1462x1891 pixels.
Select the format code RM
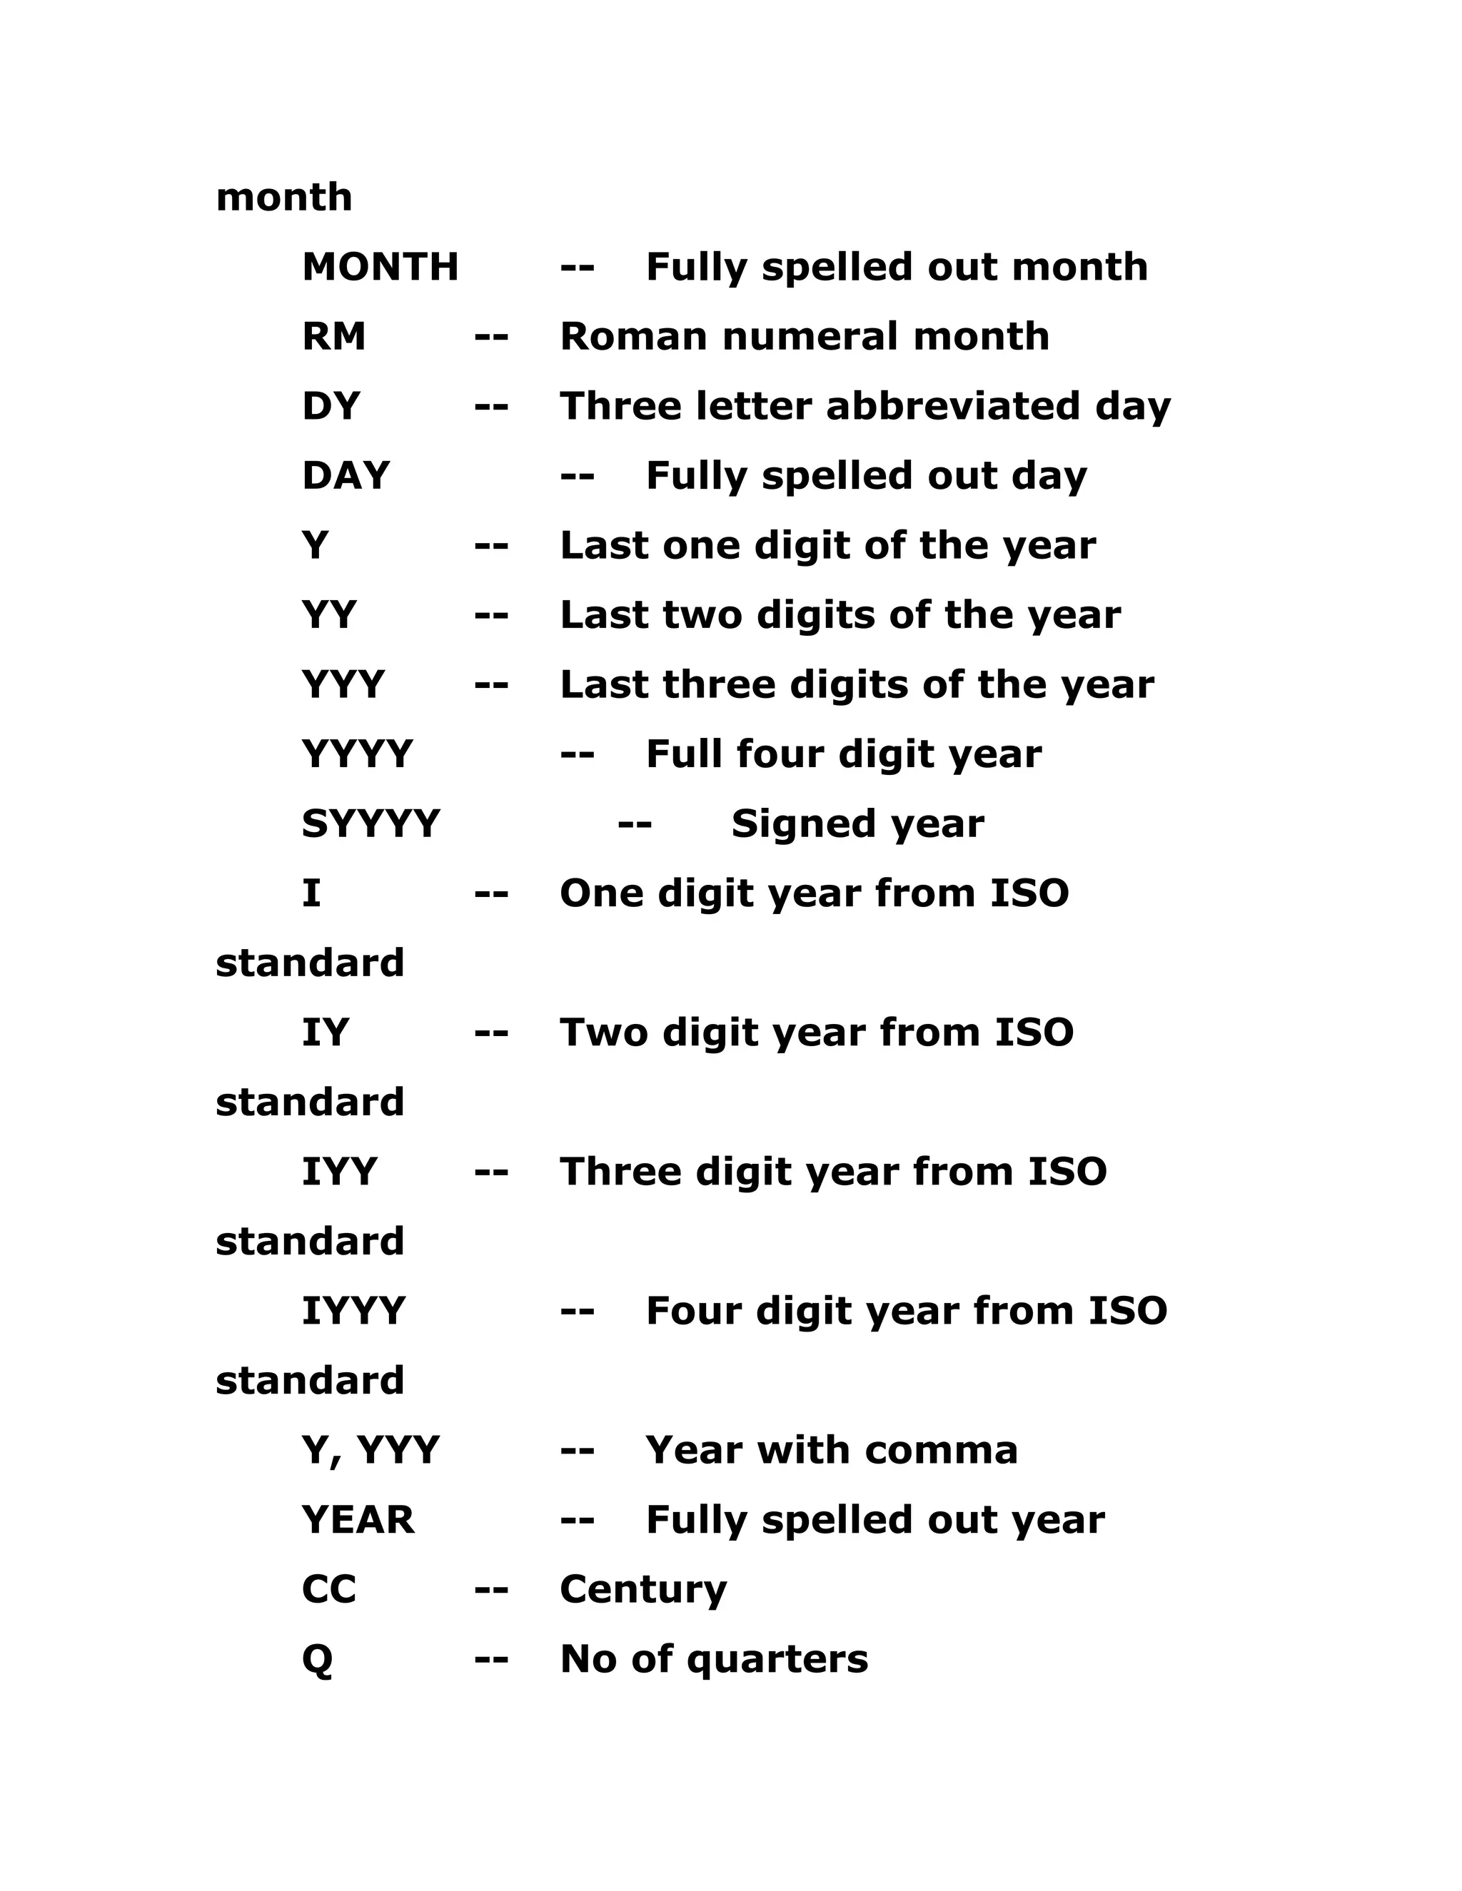coord(333,336)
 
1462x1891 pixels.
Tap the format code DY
coord(330,406)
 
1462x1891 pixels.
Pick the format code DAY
coord(346,475)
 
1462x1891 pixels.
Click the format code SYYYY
coord(370,823)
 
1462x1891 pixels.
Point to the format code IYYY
coord(353,1311)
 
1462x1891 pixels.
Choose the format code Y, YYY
coord(370,1450)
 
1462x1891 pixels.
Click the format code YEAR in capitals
coord(358,1519)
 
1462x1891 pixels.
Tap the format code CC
coord(329,1589)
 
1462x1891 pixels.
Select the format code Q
coord(317,1659)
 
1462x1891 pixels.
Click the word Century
coord(643,1590)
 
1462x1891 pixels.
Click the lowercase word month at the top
coord(284,198)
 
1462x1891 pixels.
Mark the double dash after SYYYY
coord(635,823)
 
